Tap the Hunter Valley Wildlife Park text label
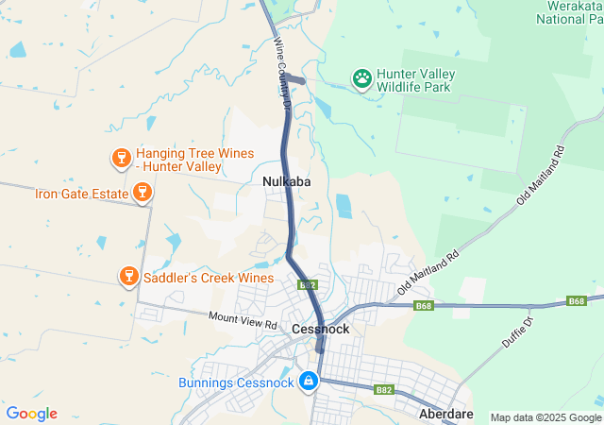coord(415,80)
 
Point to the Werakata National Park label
coord(569,11)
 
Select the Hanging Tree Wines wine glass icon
coord(121,158)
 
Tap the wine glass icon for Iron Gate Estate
coord(142,194)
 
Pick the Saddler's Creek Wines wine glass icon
coord(129,277)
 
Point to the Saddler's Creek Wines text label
coord(209,278)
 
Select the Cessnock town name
coord(321,329)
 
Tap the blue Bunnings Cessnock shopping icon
coord(308,382)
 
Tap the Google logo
coord(31,414)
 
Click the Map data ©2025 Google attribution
coord(545,417)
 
